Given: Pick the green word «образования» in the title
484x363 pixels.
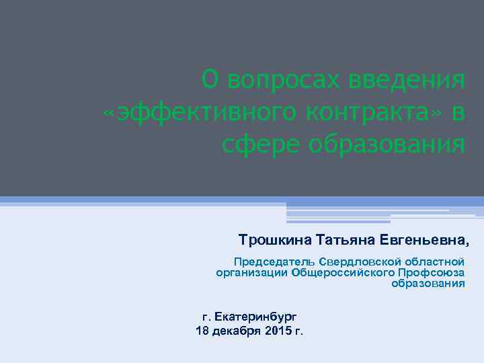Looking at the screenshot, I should [x=387, y=143].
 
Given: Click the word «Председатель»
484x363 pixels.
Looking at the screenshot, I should [x=274, y=261].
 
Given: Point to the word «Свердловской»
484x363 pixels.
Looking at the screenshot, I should [x=358, y=261].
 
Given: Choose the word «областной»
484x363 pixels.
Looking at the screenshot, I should [x=434, y=261].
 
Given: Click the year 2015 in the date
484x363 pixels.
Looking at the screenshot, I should [x=278, y=331].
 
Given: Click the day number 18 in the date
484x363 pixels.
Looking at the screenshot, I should [x=202, y=331].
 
